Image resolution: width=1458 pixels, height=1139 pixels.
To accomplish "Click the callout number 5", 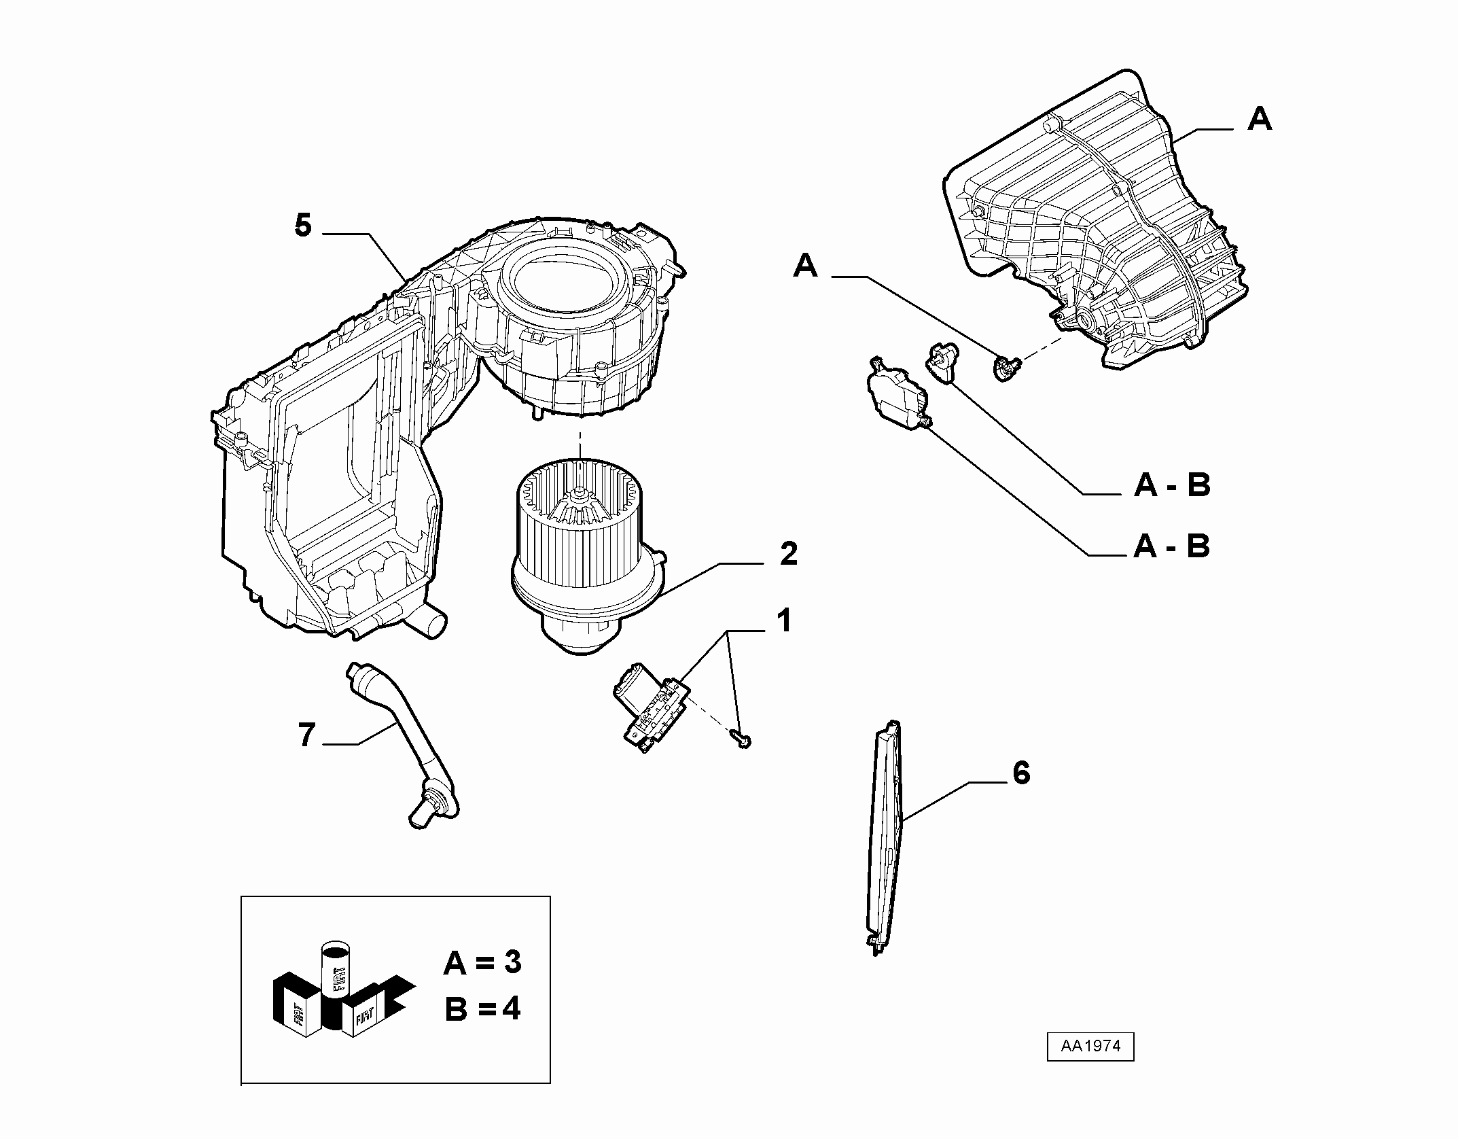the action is (x=303, y=225).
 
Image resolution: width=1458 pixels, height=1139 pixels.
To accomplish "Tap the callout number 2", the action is (x=788, y=555).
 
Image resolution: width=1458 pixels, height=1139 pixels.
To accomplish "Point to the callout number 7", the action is (x=307, y=736).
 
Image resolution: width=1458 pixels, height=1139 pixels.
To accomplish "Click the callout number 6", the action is (x=1021, y=773).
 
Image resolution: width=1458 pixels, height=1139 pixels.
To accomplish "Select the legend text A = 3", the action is (x=482, y=963).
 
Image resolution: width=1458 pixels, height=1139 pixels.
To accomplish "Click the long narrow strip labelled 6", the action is (x=885, y=837).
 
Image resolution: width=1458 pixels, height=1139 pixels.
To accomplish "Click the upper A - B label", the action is (x=1172, y=485).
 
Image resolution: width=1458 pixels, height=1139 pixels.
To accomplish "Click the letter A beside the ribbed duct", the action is (x=1260, y=120).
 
